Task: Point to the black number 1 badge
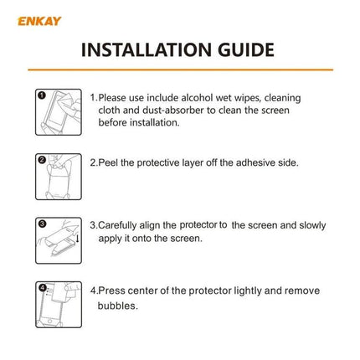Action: pyautogui.click(x=41, y=95)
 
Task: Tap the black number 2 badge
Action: pyautogui.click(x=41, y=159)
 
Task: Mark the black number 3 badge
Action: pyautogui.click(x=41, y=223)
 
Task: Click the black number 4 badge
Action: pyautogui.click(x=41, y=287)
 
